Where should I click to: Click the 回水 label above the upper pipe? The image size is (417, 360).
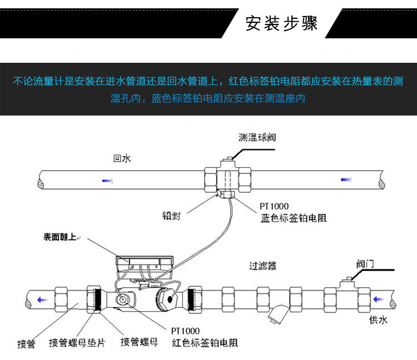click(122, 158)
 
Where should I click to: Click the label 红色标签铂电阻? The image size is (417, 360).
click(205, 343)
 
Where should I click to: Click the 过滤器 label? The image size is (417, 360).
click(262, 266)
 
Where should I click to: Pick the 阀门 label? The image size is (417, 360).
click(365, 263)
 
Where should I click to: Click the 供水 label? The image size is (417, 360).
click(379, 320)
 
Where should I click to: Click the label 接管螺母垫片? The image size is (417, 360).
click(77, 342)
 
